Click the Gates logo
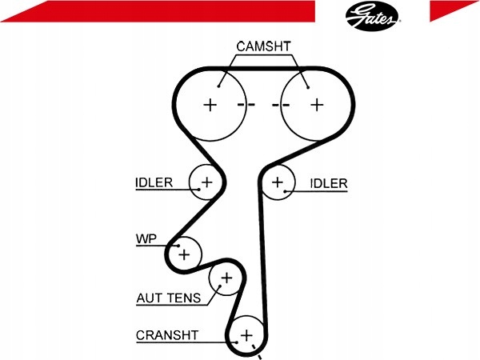[372, 16]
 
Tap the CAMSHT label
[263, 46]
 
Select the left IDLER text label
[154, 182]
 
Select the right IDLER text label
[329, 183]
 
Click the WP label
[146, 238]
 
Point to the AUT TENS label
[168, 298]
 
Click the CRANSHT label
[167, 335]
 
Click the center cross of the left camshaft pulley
[210, 105]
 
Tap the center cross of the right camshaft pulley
[317, 105]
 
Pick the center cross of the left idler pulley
[207, 182]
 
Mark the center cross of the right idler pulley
[278, 182]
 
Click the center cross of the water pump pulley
[184, 254]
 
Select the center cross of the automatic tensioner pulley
[227, 278]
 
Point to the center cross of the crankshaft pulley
[246, 335]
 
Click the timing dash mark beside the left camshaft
[246, 105]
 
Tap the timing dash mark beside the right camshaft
[281, 105]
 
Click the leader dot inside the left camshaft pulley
[219, 86]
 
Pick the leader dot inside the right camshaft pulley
[308, 87]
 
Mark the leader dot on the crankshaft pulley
[237, 342]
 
